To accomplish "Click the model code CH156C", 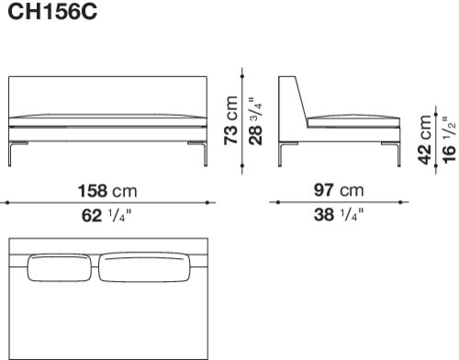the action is tap(52, 12).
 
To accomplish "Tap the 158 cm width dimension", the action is tap(107, 191).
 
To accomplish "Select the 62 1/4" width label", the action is tap(106, 215).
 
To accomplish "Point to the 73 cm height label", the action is tap(230, 120).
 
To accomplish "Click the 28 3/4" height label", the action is tap(255, 121).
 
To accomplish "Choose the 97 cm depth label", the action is tap(339, 190).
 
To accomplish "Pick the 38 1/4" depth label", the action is tap(339, 214).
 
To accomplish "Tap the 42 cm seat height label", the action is tap(425, 140).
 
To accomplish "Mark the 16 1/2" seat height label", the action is tap(449, 140).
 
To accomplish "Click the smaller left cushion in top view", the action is tap(60, 268).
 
